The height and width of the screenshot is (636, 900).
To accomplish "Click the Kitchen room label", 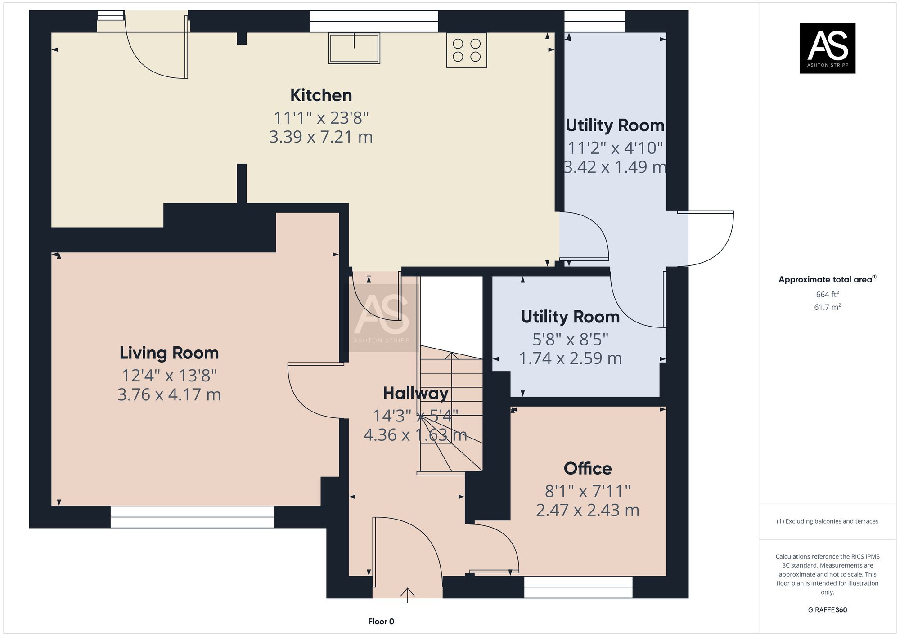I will pyautogui.click(x=321, y=95).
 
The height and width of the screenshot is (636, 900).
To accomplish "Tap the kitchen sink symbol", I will pyautogui.click(x=354, y=48).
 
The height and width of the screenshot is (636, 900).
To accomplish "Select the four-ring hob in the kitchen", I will pyautogui.click(x=467, y=50).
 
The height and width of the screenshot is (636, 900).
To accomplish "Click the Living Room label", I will pyautogui.click(x=169, y=353).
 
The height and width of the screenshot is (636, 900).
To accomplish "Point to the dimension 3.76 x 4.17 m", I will pyautogui.click(x=169, y=395).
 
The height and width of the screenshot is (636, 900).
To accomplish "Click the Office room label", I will pyautogui.click(x=588, y=469).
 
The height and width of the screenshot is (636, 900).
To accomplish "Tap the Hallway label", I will pyautogui.click(x=415, y=394).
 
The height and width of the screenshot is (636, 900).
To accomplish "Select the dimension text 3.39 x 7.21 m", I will pyautogui.click(x=321, y=137).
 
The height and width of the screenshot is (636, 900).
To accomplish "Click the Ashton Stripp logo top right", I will pyautogui.click(x=827, y=48).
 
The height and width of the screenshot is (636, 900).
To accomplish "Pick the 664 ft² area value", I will pyautogui.click(x=827, y=295).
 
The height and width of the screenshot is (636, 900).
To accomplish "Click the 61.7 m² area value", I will pyautogui.click(x=827, y=307).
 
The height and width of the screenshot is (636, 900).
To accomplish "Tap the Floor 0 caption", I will pyautogui.click(x=381, y=622).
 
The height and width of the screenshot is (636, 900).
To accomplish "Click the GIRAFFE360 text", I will pyautogui.click(x=827, y=610).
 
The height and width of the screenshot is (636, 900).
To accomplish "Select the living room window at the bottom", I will pyautogui.click(x=192, y=517).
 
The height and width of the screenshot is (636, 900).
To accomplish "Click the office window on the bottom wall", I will pyautogui.click(x=578, y=587).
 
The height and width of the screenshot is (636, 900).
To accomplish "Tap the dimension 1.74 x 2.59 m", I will pyautogui.click(x=570, y=359).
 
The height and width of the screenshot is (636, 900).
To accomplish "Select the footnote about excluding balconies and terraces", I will pyautogui.click(x=827, y=521).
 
